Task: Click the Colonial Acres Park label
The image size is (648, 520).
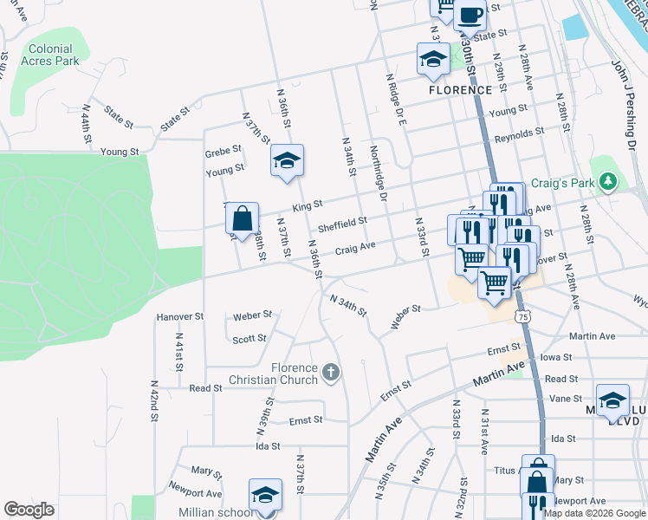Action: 54,55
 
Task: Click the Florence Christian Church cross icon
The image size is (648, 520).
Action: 329,374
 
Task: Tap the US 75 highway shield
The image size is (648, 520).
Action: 522,318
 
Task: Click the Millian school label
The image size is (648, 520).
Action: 217,512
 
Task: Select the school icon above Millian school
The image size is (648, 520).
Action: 265,495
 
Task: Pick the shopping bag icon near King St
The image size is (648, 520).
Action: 243,218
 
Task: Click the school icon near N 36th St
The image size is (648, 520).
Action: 288,160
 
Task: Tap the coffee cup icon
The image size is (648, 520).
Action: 470,15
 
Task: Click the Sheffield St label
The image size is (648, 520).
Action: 342,226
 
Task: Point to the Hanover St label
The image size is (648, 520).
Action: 179,317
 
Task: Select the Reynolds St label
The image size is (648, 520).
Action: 519,136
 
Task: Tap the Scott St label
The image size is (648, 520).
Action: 249,339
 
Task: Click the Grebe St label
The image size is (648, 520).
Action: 223,153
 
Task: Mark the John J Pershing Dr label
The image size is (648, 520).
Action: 628,95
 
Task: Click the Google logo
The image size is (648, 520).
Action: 29,510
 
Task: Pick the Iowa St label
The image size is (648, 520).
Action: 555,357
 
